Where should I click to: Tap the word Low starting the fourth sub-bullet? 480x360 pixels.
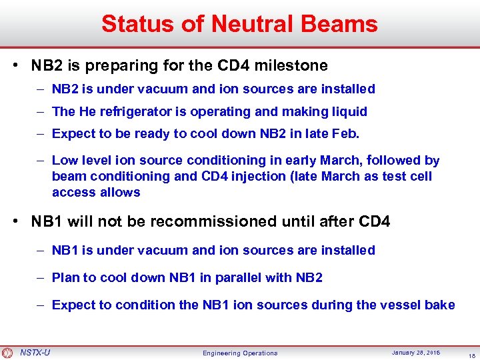click(x=65, y=160)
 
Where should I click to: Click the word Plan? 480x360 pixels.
click(x=65, y=277)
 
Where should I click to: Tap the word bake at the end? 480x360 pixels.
click(x=441, y=305)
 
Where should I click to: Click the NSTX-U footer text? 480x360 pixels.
click(x=35, y=352)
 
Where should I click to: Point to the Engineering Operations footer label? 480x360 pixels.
click(x=240, y=353)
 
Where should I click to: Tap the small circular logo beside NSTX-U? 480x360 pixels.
click(x=7, y=353)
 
